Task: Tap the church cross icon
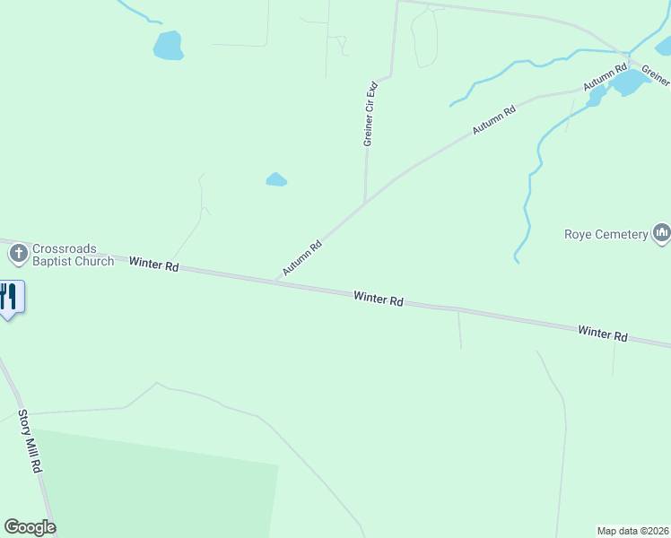(18, 255)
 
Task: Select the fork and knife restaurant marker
(9, 296)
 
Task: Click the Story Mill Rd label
(30, 442)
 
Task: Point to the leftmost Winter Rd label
(154, 265)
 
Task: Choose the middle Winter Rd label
(378, 299)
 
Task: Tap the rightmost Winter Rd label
(602, 333)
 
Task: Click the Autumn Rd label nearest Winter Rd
(302, 257)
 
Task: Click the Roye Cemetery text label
(606, 234)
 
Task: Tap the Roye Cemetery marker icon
(662, 234)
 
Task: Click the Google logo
(30, 527)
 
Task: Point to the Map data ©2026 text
(632, 530)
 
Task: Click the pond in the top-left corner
(168, 45)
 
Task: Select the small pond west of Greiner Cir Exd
(276, 179)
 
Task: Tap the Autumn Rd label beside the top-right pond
(605, 77)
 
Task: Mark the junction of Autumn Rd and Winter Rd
(275, 282)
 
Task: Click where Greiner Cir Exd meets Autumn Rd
(365, 203)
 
